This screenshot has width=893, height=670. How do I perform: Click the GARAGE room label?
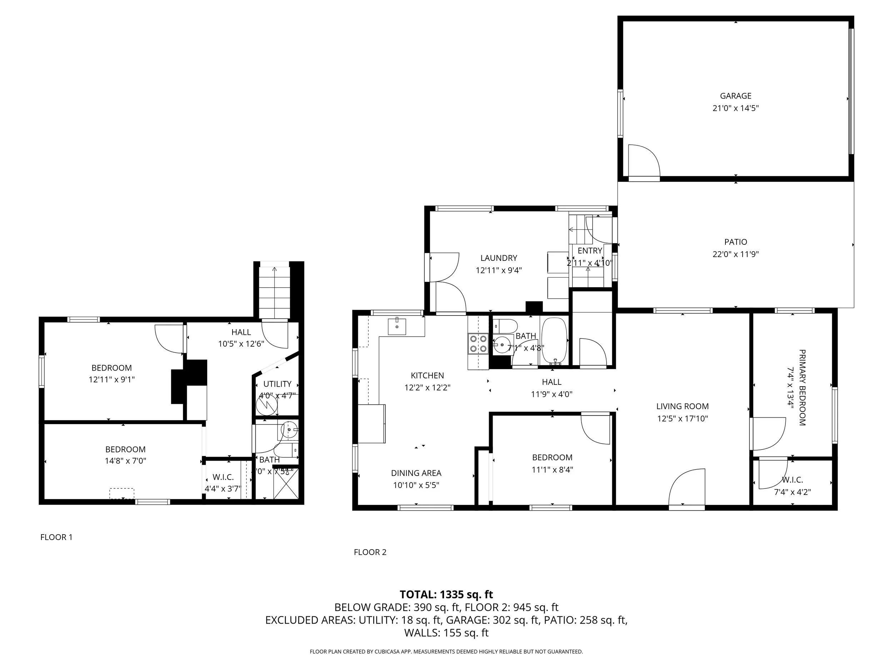click(x=735, y=96)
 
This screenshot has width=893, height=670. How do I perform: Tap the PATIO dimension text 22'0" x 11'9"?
click(x=735, y=254)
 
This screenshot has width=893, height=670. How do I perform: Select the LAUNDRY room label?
click(x=499, y=258)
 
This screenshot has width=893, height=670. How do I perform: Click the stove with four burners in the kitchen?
click(x=478, y=344)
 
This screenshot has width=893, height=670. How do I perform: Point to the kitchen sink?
click(x=397, y=326)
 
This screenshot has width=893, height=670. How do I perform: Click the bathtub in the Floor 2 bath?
click(x=554, y=341)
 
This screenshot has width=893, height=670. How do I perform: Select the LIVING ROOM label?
click(x=682, y=406)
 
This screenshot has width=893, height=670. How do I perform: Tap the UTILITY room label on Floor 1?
click(x=277, y=384)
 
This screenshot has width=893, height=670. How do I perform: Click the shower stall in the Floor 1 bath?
click(x=286, y=483)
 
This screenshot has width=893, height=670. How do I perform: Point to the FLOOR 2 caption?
click(x=370, y=552)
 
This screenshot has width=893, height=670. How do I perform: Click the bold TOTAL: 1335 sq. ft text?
click(x=446, y=595)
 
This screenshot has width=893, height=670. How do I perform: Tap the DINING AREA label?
click(x=416, y=473)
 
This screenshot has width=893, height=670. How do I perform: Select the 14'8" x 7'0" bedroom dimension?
click(x=125, y=461)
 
